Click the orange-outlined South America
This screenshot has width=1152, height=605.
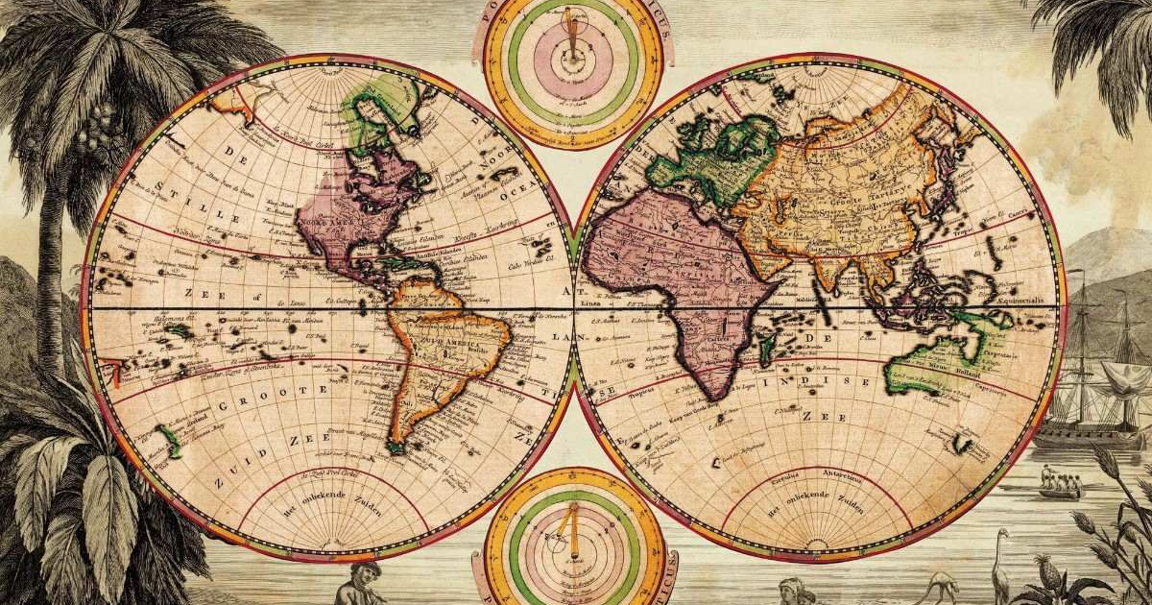pyautogui.click(x=442, y=355)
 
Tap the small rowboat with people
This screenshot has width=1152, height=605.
pyautogui.click(x=1061, y=486)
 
